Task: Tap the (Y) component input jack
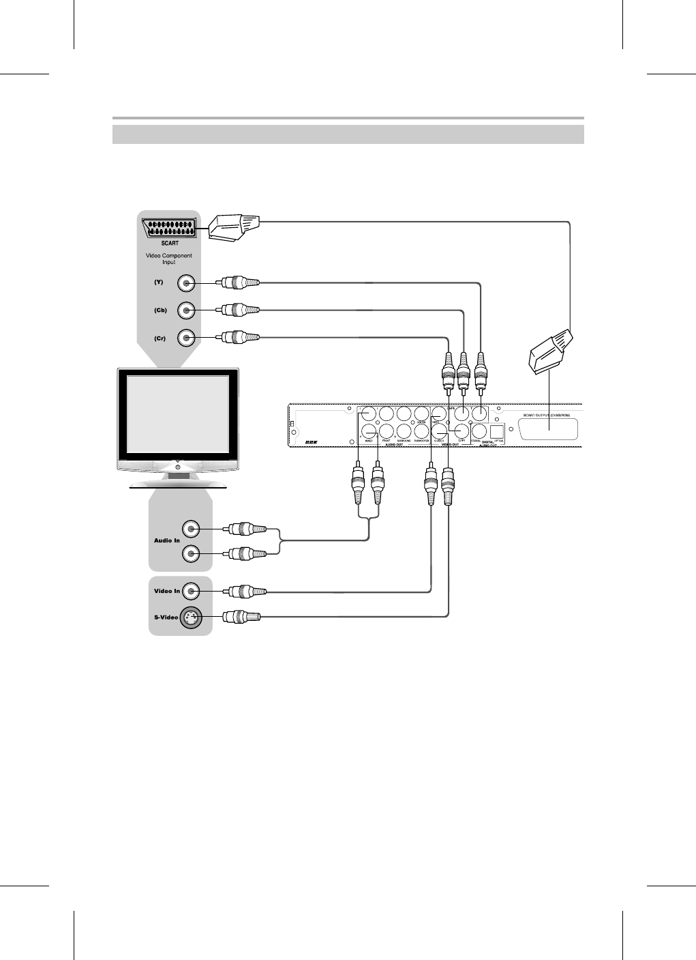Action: point(186,283)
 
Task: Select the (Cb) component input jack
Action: point(186,310)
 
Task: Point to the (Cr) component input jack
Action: point(186,338)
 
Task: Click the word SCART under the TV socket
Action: point(170,243)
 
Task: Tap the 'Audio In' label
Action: point(166,540)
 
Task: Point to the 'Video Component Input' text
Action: point(169,259)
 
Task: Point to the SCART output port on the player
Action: point(549,429)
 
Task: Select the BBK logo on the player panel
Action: point(312,442)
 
